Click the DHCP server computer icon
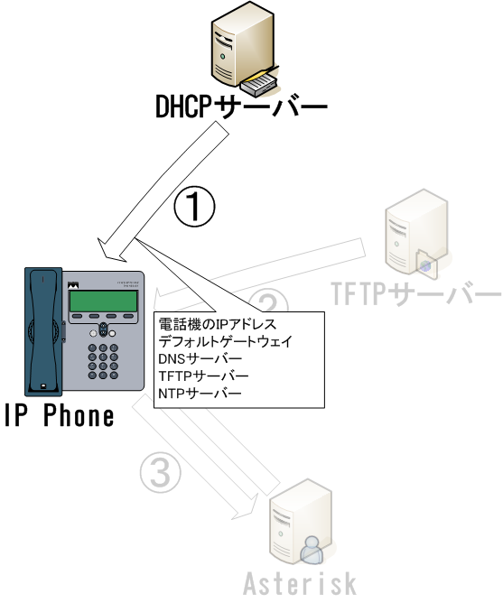(x=245, y=48)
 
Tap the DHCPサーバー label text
(x=241, y=107)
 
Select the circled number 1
(x=194, y=207)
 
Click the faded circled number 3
(x=160, y=471)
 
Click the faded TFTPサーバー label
(x=416, y=293)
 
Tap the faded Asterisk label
(x=300, y=583)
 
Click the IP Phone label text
(x=60, y=415)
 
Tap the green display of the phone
(x=103, y=301)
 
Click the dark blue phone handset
(x=43, y=332)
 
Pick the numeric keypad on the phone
(x=103, y=361)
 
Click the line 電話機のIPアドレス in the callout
(x=218, y=324)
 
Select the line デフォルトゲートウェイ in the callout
(x=226, y=341)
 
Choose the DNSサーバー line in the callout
(x=200, y=358)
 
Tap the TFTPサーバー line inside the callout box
(x=203, y=376)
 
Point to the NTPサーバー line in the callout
(x=200, y=394)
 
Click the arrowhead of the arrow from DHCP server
(x=112, y=250)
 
